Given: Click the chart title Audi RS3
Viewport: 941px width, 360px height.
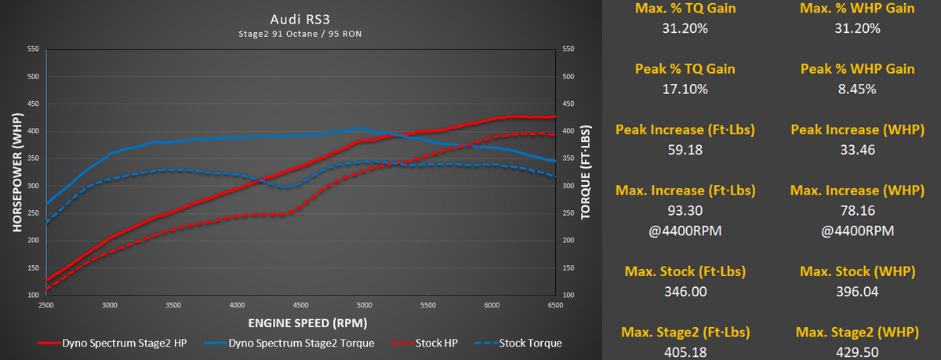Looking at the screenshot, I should [300, 18].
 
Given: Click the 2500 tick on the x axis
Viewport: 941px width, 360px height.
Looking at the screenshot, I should [46, 304].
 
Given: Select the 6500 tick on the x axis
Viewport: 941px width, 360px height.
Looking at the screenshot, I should [556, 304].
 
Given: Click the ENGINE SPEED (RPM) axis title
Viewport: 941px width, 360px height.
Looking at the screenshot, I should [300, 322].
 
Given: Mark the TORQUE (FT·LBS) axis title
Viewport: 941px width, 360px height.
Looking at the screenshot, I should [586, 172].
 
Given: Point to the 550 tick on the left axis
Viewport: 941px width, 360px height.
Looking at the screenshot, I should [32, 49].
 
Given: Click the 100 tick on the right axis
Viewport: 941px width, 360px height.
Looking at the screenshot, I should [570, 295].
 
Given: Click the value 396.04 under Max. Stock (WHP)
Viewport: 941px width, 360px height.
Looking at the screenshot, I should [856, 292].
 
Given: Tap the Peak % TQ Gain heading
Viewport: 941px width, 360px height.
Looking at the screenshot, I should [685, 69].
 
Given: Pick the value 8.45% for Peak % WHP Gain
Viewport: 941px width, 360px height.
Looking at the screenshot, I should [856, 89].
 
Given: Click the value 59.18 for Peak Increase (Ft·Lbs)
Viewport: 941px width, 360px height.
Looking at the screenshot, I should [685, 150].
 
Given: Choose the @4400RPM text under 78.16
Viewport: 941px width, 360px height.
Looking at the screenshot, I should [856, 231].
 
